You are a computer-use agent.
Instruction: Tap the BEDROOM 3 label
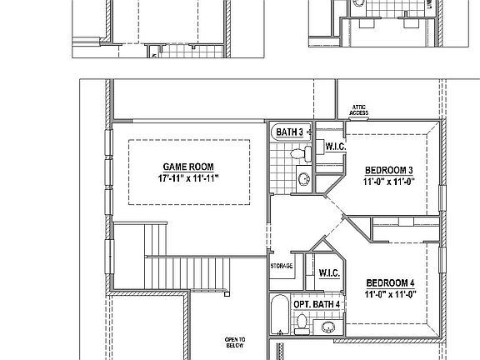click(389, 171)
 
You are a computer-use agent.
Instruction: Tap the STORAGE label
click(281, 266)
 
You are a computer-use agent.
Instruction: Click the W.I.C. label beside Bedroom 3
click(336, 147)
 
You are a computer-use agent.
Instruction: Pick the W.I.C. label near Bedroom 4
click(327, 272)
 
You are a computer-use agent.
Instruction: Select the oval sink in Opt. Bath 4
click(327, 327)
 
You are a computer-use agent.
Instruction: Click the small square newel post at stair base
click(226, 292)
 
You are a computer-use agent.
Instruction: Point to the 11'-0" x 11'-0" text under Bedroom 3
click(389, 182)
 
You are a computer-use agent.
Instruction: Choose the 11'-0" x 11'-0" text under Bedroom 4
click(389, 294)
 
